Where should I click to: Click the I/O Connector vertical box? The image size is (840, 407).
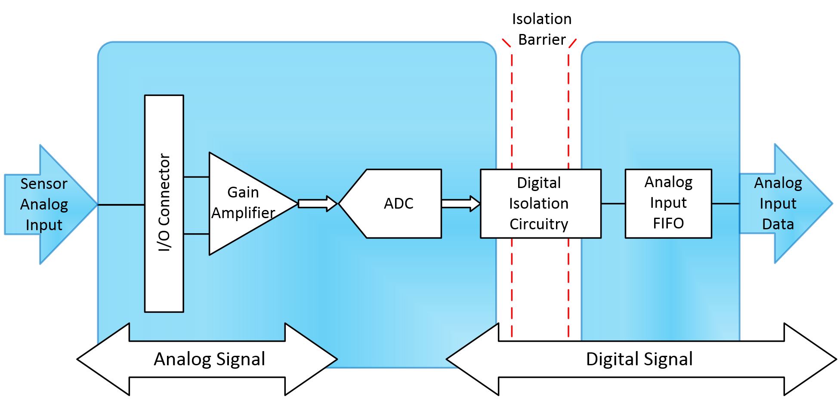point(164,203)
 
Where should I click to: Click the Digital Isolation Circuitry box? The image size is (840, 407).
point(540,203)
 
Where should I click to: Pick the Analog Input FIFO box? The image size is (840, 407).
point(668,203)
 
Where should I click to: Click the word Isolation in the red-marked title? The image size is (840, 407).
point(541,19)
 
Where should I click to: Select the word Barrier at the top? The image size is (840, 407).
point(541,40)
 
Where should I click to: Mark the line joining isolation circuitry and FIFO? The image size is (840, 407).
point(613,203)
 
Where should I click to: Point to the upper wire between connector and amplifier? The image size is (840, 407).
point(196,177)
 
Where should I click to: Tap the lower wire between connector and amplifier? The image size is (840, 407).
point(196,234)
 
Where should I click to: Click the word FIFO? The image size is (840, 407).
point(668,223)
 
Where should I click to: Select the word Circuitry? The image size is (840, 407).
point(539,224)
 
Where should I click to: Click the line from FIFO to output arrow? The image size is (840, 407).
point(726,203)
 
